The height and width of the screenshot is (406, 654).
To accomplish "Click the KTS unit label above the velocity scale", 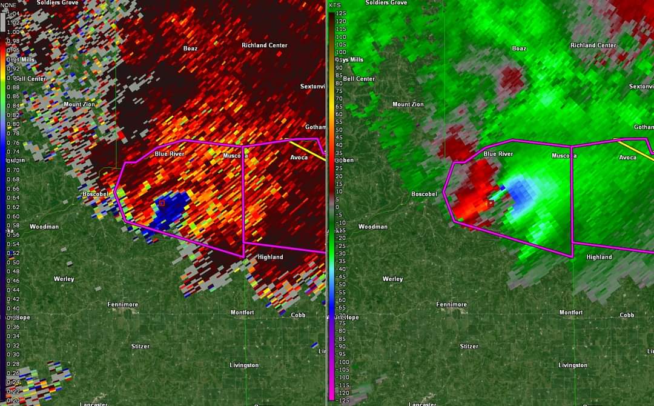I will pyautogui.click(x=335, y=5).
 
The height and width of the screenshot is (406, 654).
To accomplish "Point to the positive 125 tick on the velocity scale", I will pyautogui.click(x=340, y=13).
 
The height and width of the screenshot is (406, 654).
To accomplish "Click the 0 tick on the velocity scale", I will pyautogui.click(x=337, y=207).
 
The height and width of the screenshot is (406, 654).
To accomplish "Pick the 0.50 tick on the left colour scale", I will pyautogui.click(x=13, y=262).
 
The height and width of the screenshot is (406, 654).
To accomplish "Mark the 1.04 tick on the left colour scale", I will pyautogui.click(x=13, y=13).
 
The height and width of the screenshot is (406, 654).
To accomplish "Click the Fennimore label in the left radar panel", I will pyautogui.click(x=123, y=304).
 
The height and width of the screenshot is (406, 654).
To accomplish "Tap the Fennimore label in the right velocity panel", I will pyautogui.click(x=452, y=304).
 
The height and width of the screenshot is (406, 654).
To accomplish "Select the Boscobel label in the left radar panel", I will pyautogui.click(x=96, y=194).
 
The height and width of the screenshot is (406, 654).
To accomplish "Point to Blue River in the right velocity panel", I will pyautogui.click(x=498, y=154).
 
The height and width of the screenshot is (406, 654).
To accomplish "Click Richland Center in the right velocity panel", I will pyautogui.click(x=593, y=45).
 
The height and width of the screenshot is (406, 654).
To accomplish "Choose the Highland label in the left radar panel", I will pyautogui.click(x=270, y=257).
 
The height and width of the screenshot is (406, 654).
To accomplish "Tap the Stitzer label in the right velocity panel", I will pyautogui.click(x=469, y=347).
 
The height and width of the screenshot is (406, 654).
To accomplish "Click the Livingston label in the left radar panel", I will pyautogui.click(x=244, y=365).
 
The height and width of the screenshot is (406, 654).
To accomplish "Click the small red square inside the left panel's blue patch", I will pyautogui.click(x=162, y=203).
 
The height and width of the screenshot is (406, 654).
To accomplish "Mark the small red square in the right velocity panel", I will pyautogui.click(x=490, y=204).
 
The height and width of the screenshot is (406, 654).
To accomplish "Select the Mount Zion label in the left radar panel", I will pyautogui.click(x=80, y=104).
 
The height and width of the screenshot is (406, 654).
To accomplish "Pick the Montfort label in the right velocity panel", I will pyautogui.click(x=570, y=313).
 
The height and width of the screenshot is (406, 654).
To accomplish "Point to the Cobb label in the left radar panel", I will pyautogui.click(x=298, y=315).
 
